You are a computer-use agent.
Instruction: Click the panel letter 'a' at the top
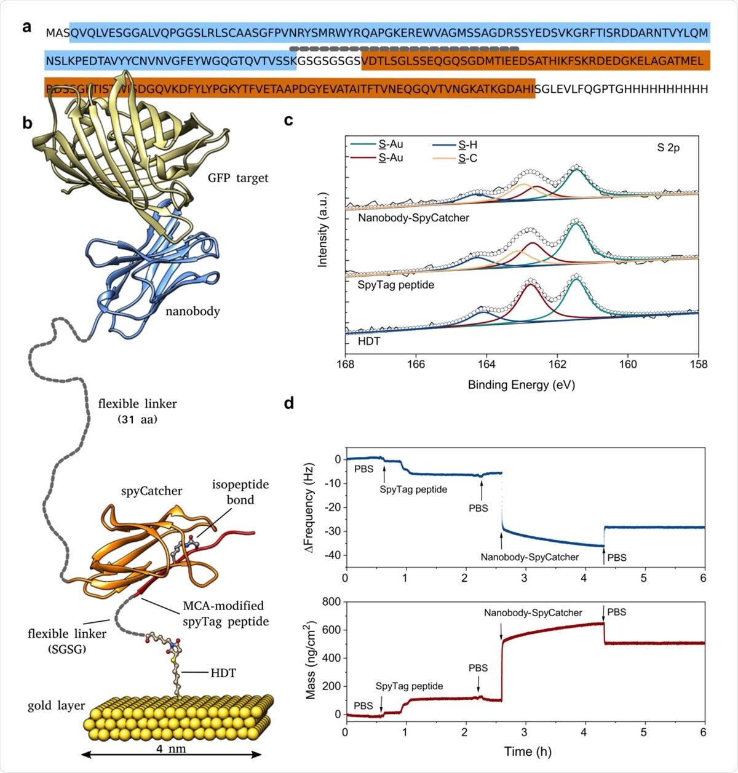tap(26, 28)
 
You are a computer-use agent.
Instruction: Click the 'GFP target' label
tap(238, 178)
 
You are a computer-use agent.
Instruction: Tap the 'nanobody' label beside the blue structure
tap(192, 311)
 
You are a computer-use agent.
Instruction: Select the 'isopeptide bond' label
tap(240, 492)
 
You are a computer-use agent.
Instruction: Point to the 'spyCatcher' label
tap(151, 491)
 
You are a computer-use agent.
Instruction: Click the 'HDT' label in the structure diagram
tap(223, 673)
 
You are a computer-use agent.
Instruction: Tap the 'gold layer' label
tap(56, 705)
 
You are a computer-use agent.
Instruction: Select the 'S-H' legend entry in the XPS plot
tap(467, 145)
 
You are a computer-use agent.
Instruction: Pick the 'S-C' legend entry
tap(467, 159)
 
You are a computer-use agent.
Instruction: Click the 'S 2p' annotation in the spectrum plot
tap(669, 148)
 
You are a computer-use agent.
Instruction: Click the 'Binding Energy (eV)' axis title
tap(522, 385)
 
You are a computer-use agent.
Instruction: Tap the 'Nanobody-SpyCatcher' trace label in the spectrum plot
tap(413, 218)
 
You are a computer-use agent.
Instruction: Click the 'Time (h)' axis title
tap(528, 751)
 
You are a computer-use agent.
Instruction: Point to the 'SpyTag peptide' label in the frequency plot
tap(413, 490)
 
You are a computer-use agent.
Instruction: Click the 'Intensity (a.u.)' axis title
tap(322, 229)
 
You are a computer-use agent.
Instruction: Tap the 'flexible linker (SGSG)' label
tap(66, 641)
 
